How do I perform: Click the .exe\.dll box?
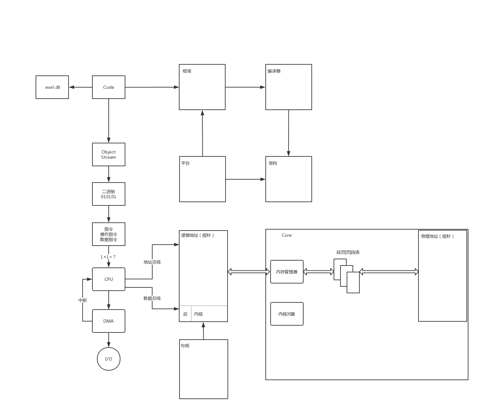52,87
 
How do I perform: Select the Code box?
109,87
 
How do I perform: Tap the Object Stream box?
109,154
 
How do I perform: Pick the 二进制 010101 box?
109,194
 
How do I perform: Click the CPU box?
109,279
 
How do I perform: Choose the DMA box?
109,321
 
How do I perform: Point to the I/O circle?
109,359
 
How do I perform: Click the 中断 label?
83,300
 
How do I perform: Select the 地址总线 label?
152,262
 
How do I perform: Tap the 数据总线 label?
152,298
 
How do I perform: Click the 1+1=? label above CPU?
108,257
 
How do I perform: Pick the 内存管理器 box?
287,272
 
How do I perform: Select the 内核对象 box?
287,314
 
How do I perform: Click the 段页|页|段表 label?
348,252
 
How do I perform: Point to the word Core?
287,235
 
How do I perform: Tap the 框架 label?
187,71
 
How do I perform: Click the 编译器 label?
274,71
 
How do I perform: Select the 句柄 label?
185,346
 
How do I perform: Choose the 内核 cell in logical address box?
198,314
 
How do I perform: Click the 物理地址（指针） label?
437,236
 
